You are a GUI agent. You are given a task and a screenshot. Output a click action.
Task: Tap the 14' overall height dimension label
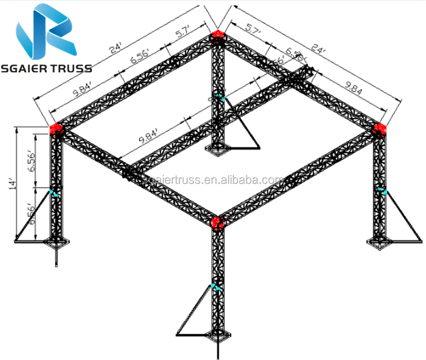click(13, 182)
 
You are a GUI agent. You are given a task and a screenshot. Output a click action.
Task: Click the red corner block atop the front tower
click(217, 222)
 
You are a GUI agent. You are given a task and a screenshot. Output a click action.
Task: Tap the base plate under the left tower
click(56, 243)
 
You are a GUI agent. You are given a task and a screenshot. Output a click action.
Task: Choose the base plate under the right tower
click(380, 241)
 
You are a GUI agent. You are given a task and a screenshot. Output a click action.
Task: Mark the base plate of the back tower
click(217, 150)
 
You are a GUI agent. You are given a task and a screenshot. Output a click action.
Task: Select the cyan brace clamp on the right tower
click(383, 192)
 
